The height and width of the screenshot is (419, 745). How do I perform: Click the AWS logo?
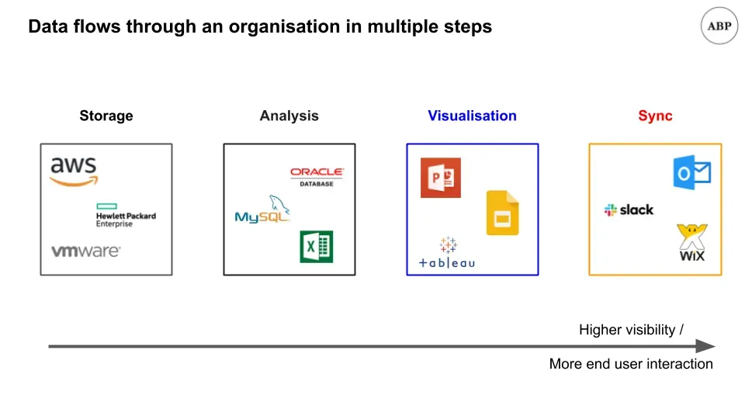click(x=74, y=171)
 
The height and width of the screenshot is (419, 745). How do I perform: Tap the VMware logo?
click(x=85, y=251)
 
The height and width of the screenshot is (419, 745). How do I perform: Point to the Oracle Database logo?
click(x=317, y=176)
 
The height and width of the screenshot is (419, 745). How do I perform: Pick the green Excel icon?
click(x=317, y=247)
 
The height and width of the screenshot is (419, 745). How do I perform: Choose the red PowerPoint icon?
click(x=440, y=178)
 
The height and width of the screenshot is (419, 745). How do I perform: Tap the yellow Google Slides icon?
click(x=502, y=213)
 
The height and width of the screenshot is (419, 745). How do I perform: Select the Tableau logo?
click(x=447, y=254)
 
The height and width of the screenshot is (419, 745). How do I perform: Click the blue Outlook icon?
click(x=691, y=172)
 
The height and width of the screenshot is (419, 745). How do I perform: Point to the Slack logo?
click(x=629, y=209)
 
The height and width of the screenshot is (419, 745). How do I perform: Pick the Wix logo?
click(x=691, y=243)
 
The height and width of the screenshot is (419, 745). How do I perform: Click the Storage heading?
click(x=106, y=116)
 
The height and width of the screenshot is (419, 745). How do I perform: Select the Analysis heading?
click(x=289, y=116)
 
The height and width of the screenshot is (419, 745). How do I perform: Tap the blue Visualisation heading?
click(x=472, y=116)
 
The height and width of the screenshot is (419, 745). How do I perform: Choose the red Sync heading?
click(x=655, y=116)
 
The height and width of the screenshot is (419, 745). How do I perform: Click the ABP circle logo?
click(x=719, y=26)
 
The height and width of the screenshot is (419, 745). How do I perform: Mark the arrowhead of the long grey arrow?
click(x=705, y=346)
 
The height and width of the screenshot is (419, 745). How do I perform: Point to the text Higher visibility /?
click(x=631, y=330)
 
